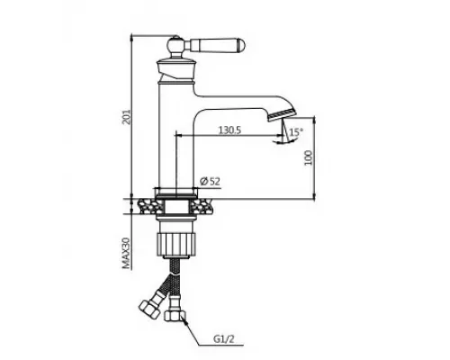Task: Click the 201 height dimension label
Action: point(128,117)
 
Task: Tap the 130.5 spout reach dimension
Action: point(229,130)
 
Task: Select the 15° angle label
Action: point(296,132)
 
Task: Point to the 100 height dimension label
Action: point(309,157)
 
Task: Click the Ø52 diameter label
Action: point(210,181)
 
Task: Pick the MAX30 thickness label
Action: point(127,253)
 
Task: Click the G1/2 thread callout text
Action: point(223,339)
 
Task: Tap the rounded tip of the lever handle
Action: point(241,45)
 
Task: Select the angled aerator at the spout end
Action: point(282,114)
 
